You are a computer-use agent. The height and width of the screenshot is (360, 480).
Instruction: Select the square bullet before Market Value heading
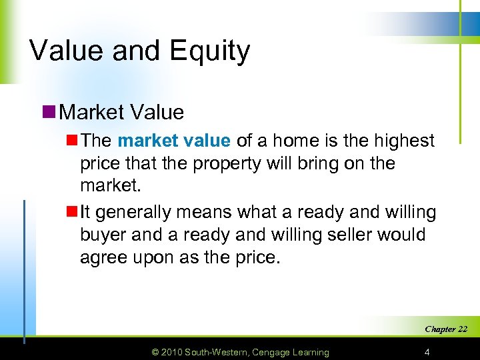click(48, 111)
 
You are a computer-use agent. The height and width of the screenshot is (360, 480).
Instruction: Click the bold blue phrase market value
click(174, 141)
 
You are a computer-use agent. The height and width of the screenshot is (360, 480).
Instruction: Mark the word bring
click(322, 163)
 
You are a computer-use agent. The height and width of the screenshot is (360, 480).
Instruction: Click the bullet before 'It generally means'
click(71, 213)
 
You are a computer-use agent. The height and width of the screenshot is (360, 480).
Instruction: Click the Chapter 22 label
click(446, 329)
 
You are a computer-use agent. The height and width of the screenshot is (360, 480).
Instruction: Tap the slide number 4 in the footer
click(426, 352)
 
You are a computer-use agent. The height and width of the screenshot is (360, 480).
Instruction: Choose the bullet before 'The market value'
click(71, 141)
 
